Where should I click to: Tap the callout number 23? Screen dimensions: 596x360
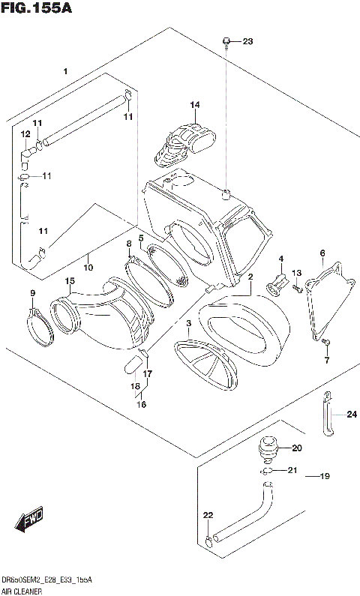click(248, 41)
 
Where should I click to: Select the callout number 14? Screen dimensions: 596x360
click(194, 104)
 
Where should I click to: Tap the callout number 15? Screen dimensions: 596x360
click(69, 281)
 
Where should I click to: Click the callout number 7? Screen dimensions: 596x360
click(326, 360)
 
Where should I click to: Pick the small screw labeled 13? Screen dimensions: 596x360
click(298, 286)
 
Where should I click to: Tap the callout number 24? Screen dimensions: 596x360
click(352, 414)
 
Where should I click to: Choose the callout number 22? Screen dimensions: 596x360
click(208, 516)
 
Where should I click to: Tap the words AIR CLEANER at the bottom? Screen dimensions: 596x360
click(21, 592)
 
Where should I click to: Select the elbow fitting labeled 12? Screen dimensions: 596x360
click(27, 153)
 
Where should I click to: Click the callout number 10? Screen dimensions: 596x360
click(88, 267)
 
